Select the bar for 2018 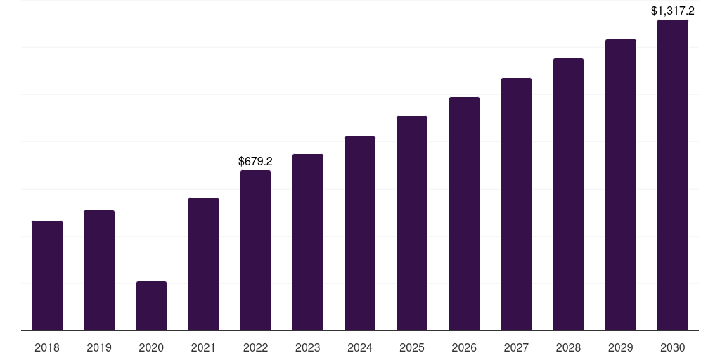click(47, 276)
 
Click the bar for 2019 click(99, 271)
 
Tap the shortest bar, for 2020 click(152, 306)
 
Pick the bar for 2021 click(203, 264)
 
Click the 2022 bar click(255, 250)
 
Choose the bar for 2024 click(360, 233)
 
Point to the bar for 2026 click(464, 214)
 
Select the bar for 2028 click(568, 195)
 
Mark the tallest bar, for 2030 click(673, 175)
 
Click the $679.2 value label click(255, 161)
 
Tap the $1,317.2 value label click(673, 11)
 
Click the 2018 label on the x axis click(47, 347)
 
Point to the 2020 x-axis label click(151, 347)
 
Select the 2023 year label click(308, 347)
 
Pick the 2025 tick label click(412, 347)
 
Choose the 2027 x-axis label click(516, 347)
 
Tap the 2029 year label click(620, 347)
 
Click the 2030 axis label click(673, 347)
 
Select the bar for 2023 click(308, 243)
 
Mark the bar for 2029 click(621, 185)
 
